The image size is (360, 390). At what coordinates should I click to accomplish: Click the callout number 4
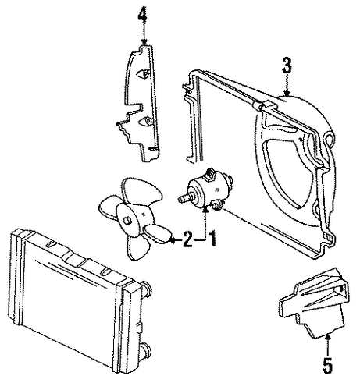point(142,15)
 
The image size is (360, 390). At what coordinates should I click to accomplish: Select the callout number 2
point(187,239)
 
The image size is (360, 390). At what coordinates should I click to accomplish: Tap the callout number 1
point(212,239)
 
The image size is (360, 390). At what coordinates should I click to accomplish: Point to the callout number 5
point(328,366)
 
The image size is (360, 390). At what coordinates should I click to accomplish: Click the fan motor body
point(206,190)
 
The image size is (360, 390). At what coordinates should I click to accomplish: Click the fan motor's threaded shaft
point(185,198)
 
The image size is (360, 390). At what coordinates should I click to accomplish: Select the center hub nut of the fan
point(128,221)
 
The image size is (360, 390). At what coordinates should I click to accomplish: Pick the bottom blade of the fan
point(137,247)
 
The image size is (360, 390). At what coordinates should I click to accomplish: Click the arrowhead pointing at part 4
point(144,41)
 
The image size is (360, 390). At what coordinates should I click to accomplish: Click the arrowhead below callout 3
point(287,94)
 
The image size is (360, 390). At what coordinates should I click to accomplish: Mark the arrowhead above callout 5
point(328,338)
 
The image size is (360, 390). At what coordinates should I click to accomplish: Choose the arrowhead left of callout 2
point(172,240)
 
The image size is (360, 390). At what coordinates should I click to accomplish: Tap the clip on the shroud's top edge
point(262,105)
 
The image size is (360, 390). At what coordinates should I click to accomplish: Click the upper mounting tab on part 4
point(143,74)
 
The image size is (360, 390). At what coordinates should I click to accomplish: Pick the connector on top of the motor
point(210,175)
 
